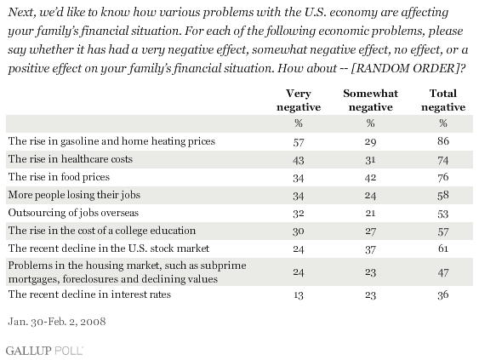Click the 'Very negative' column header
pyautogui.click(x=299, y=100)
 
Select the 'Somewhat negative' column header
pyautogui.click(x=371, y=100)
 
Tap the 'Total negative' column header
pyautogui.click(x=443, y=100)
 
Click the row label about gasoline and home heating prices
pyautogui.click(x=111, y=141)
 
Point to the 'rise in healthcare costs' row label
pyautogui.click(x=71, y=159)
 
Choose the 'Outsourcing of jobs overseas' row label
pyautogui.click(x=73, y=213)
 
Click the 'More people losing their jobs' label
pyautogui.click(x=74, y=195)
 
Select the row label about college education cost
pyautogui.click(x=102, y=231)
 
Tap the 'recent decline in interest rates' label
pyautogui.click(x=89, y=294)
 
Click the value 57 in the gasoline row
pyautogui.click(x=299, y=142)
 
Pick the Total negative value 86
pyautogui.click(x=443, y=141)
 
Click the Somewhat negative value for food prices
pyautogui.click(x=371, y=178)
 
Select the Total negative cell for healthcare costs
pyautogui.click(x=443, y=160)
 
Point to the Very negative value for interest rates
pyautogui.click(x=299, y=295)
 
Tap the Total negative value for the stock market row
pyautogui.click(x=443, y=249)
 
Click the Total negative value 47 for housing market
pyautogui.click(x=443, y=272)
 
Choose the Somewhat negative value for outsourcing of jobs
pyautogui.click(x=371, y=213)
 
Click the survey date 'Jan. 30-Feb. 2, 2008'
pyautogui.click(x=57, y=322)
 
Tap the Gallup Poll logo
pyautogui.click(x=44, y=351)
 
